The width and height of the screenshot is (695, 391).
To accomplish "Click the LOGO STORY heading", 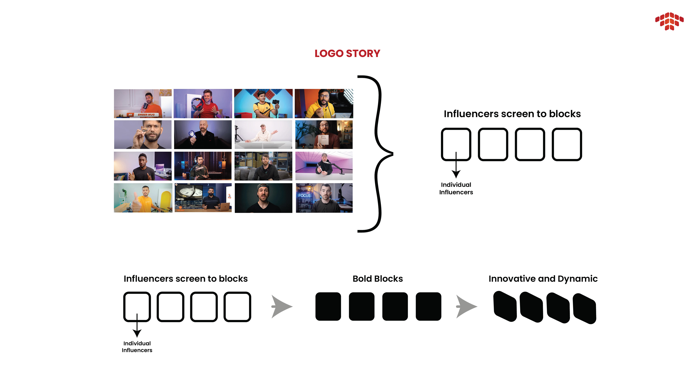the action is [x=347, y=53].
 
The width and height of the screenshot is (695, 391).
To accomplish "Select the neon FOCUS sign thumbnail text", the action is [x=304, y=195].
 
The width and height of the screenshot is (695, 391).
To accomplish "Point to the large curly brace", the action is [x=378, y=154].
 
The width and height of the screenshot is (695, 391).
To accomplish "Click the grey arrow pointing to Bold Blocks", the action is [x=281, y=307].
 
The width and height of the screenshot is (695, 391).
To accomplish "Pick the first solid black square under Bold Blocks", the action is [x=328, y=307].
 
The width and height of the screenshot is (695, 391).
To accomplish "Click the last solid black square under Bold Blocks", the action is [x=428, y=307].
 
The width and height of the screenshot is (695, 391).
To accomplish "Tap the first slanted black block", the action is [x=505, y=307].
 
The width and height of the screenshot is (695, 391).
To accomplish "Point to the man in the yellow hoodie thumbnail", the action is [x=324, y=103].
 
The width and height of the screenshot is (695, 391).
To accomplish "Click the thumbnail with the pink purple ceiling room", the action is [x=324, y=166].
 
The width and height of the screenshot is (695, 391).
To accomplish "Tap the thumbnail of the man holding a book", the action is [x=324, y=135].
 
